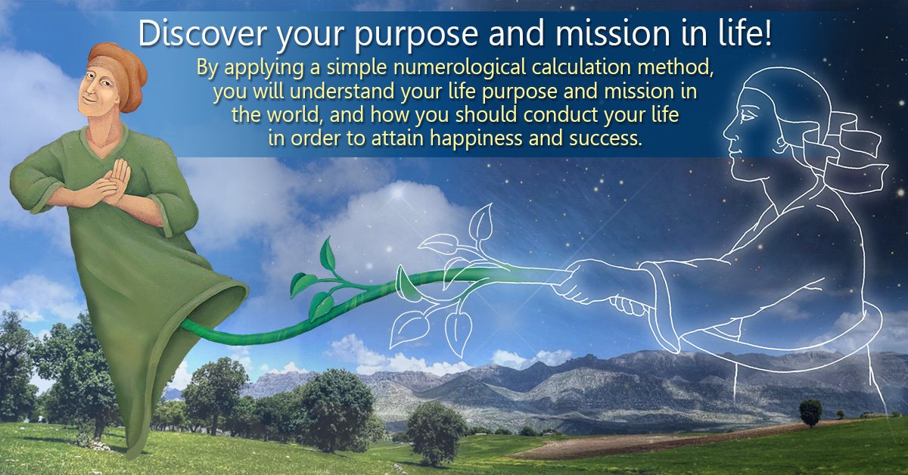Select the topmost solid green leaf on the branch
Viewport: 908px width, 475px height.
pyautogui.click(x=328, y=254)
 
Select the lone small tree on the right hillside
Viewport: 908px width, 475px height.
pyautogui.click(x=810, y=412)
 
